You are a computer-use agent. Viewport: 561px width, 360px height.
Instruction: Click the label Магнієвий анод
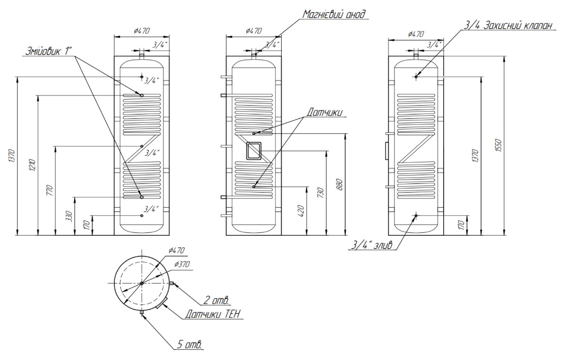point(335,14)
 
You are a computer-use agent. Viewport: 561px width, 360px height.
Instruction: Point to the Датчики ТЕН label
point(213,314)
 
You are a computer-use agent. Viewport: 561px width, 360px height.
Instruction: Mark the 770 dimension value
point(49,190)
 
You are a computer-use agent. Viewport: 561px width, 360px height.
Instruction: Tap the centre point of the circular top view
point(141,283)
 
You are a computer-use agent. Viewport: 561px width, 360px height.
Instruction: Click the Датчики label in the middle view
point(323,112)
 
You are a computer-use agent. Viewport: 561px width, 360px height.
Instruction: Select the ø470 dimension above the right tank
point(416,34)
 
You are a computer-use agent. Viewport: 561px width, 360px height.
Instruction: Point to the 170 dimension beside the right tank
point(462,225)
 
